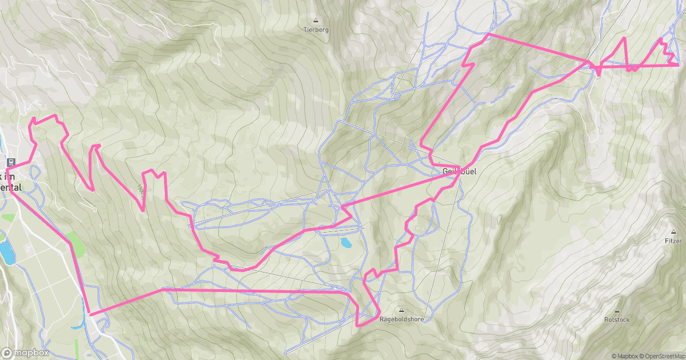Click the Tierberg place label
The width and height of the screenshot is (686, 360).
(316, 30)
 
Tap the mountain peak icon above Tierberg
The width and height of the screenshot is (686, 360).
(316, 20)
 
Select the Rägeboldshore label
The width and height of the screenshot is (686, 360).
(401, 319)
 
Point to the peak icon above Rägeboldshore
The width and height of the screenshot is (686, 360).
(401, 310)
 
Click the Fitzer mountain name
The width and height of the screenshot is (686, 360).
(673, 241)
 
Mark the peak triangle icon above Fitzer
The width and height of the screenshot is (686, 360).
(673, 232)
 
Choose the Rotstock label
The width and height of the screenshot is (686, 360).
(617, 319)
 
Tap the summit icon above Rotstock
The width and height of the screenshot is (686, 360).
(617, 310)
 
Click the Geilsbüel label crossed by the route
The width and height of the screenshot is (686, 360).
(459, 171)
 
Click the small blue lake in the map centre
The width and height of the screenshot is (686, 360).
(346, 243)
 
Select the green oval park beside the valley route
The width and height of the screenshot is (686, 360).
(76, 244)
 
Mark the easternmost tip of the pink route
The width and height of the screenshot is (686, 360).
(679, 65)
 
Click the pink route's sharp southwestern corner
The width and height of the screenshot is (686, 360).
(89, 314)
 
